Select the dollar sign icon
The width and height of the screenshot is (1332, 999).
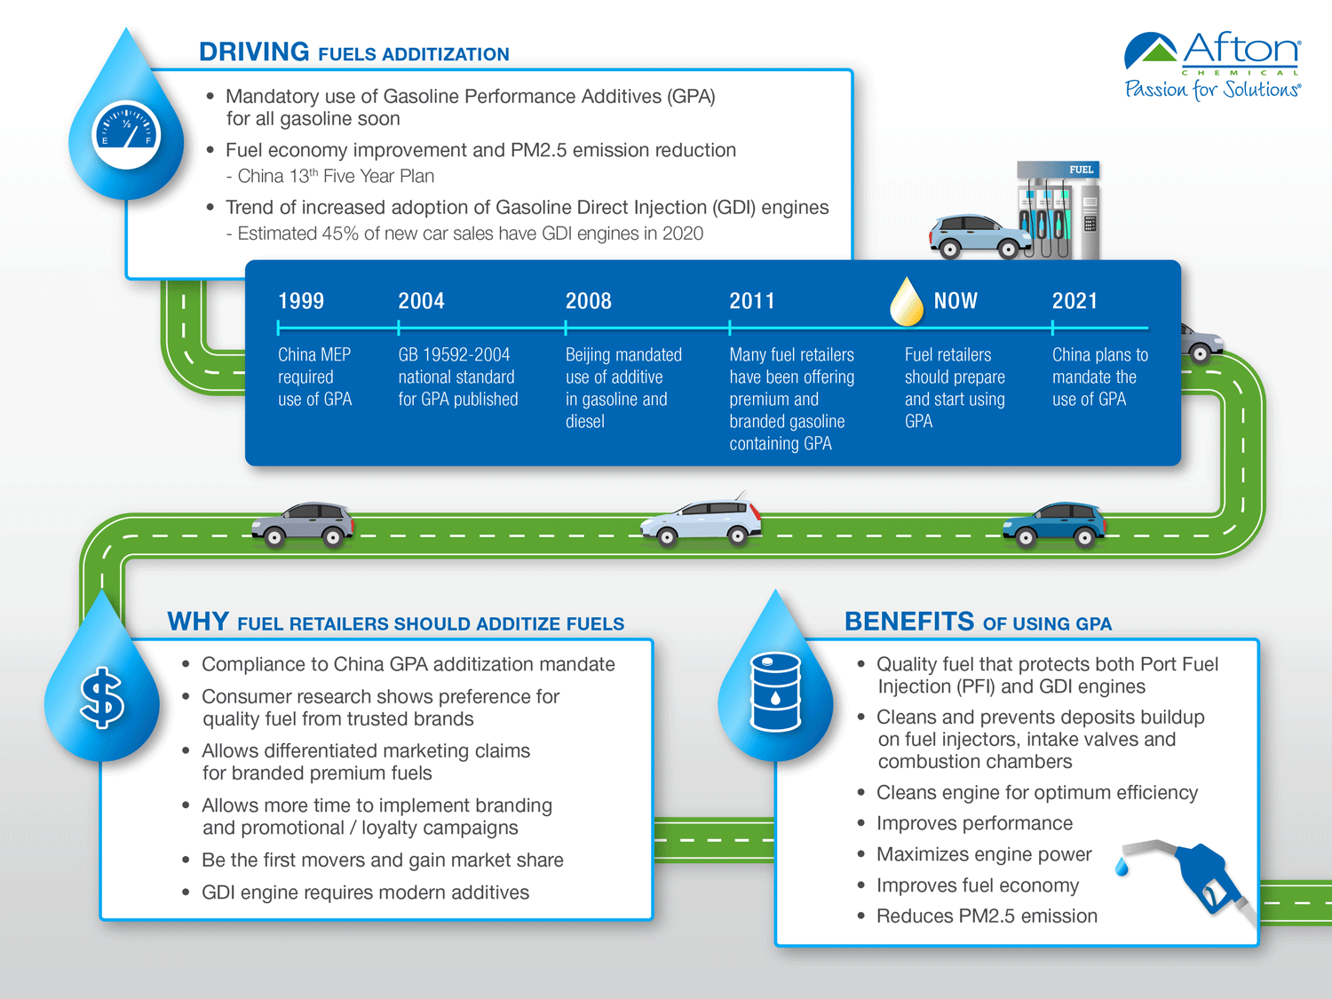pos(102,698)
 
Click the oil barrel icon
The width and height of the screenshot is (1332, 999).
pos(775,693)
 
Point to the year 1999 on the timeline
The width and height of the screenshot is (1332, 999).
pos(301,301)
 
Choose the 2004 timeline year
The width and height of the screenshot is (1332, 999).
pos(421,301)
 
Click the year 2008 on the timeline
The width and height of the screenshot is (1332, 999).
pos(589,301)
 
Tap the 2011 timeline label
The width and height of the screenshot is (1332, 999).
pos(752,301)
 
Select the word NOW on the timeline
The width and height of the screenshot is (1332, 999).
pos(955,301)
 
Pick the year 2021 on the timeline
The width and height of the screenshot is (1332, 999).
pos(1074,301)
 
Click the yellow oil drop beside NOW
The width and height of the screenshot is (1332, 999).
pos(907,303)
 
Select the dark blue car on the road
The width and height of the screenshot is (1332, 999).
pos(1054,524)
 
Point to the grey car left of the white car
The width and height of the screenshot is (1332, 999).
pos(303,523)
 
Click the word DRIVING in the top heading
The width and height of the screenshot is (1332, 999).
pos(254,52)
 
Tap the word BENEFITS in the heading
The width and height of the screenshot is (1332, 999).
pos(908,622)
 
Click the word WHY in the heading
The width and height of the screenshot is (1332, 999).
pos(198,622)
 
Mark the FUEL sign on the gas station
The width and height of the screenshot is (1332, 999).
pos(1081,170)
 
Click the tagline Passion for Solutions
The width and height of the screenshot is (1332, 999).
pos(1212,90)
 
